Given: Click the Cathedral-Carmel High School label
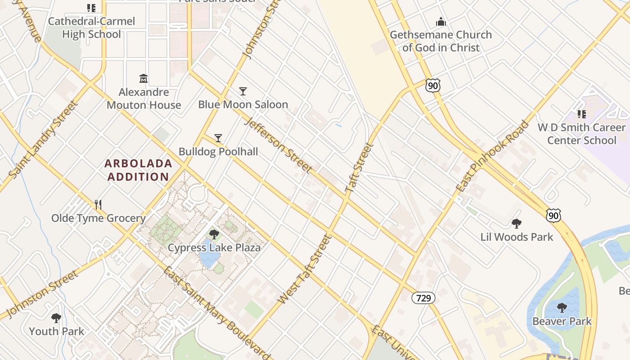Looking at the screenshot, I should (x=91, y=28).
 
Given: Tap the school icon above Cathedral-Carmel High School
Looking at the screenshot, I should (x=91, y=8).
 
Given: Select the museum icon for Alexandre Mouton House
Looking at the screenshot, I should (x=144, y=79).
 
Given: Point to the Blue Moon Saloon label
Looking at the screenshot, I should (x=243, y=104).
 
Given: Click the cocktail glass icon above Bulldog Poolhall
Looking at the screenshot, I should (x=218, y=138).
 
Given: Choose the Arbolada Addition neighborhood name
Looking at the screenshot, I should (x=139, y=170).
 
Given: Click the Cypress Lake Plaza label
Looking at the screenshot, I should (x=214, y=247).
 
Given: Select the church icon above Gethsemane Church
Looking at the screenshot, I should (x=441, y=22).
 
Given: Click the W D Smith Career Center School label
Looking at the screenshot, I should (x=581, y=134).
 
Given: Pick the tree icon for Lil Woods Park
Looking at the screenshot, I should (x=517, y=224).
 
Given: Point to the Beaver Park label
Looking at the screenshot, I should (x=562, y=321).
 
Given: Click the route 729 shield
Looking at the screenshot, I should (x=423, y=297).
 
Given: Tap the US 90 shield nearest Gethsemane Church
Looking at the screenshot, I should (x=432, y=85).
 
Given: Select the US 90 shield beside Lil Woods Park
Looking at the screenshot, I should (x=553, y=216).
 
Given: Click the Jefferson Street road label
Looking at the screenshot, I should (x=278, y=145).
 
